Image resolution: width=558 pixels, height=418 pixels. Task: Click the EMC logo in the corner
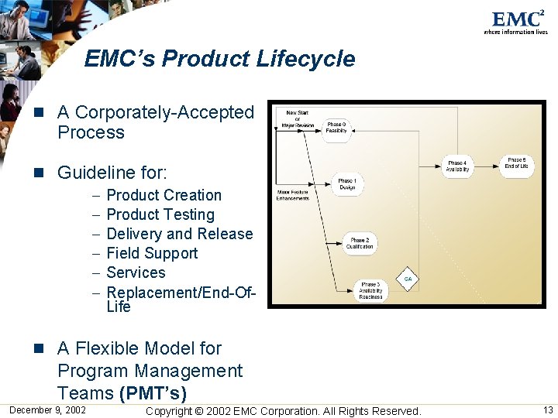pyautogui.click(x=515, y=21)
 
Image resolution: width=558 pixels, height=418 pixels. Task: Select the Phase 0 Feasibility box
pyautogui.click(x=336, y=128)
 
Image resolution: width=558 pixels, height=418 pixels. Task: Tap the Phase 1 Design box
pyautogui.click(x=346, y=184)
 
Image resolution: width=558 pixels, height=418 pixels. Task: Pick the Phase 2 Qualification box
pyautogui.click(x=360, y=243)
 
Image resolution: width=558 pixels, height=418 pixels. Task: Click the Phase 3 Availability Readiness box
pyautogui.click(x=370, y=290)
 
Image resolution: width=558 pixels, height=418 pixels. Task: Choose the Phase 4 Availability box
pyautogui.click(x=457, y=166)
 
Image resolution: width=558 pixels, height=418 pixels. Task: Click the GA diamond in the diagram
pyautogui.click(x=408, y=279)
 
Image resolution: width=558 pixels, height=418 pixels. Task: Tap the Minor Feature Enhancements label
pyautogui.click(x=292, y=195)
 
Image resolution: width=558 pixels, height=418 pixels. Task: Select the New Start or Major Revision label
pyautogui.click(x=297, y=118)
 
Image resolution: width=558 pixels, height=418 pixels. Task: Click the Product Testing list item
pyautogui.click(x=160, y=214)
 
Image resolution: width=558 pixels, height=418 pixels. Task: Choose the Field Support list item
pyautogui.click(x=152, y=253)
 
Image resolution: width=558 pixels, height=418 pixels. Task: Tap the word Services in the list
pyautogui.click(x=136, y=272)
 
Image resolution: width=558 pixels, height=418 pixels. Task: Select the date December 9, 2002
pyautogui.click(x=48, y=409)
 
